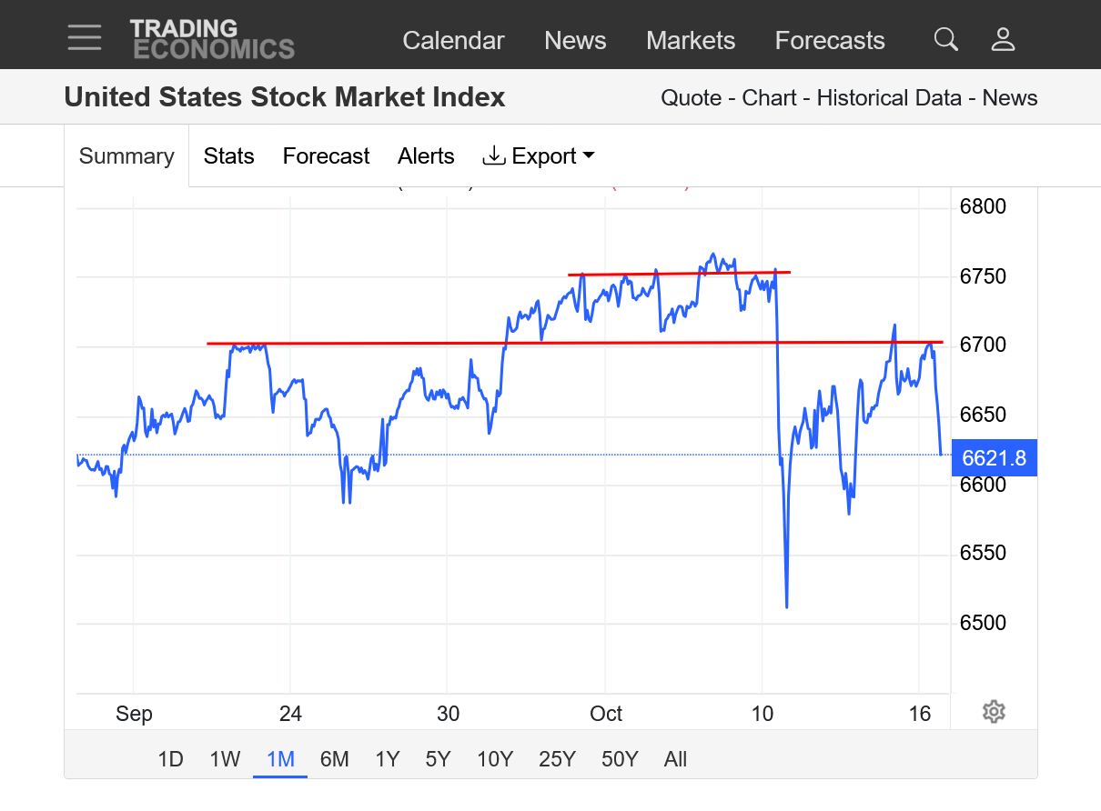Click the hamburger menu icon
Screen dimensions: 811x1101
tap(85, 38)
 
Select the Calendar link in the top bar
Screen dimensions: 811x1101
tap(453, 41)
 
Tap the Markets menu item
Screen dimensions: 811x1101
tap(691, 41)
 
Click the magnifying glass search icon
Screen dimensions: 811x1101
tap(946, 40)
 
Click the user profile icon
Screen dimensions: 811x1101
tap(1003, 40)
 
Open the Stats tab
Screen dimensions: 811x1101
tap(228, 156)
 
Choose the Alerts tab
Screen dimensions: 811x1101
tap(426, 156)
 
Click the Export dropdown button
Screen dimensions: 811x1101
tap(538, 156)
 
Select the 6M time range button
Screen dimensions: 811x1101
tap(334, 759)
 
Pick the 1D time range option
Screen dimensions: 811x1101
tap(170, 759)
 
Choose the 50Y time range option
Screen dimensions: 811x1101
tap(620, 759)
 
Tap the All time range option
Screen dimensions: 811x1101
tap(675, 759)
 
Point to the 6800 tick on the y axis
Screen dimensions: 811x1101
tap(983, 206)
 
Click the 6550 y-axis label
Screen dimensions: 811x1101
tap(983, 553)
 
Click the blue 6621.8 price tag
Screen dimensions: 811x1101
tap(994, 457)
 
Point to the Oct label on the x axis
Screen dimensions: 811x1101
tap(606, 714)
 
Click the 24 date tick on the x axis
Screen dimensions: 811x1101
tap(290, 714)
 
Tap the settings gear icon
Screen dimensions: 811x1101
tap(994, 712)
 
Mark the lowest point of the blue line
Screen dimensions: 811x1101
tap(786, 606)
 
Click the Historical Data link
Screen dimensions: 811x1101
tap(889, 98)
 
